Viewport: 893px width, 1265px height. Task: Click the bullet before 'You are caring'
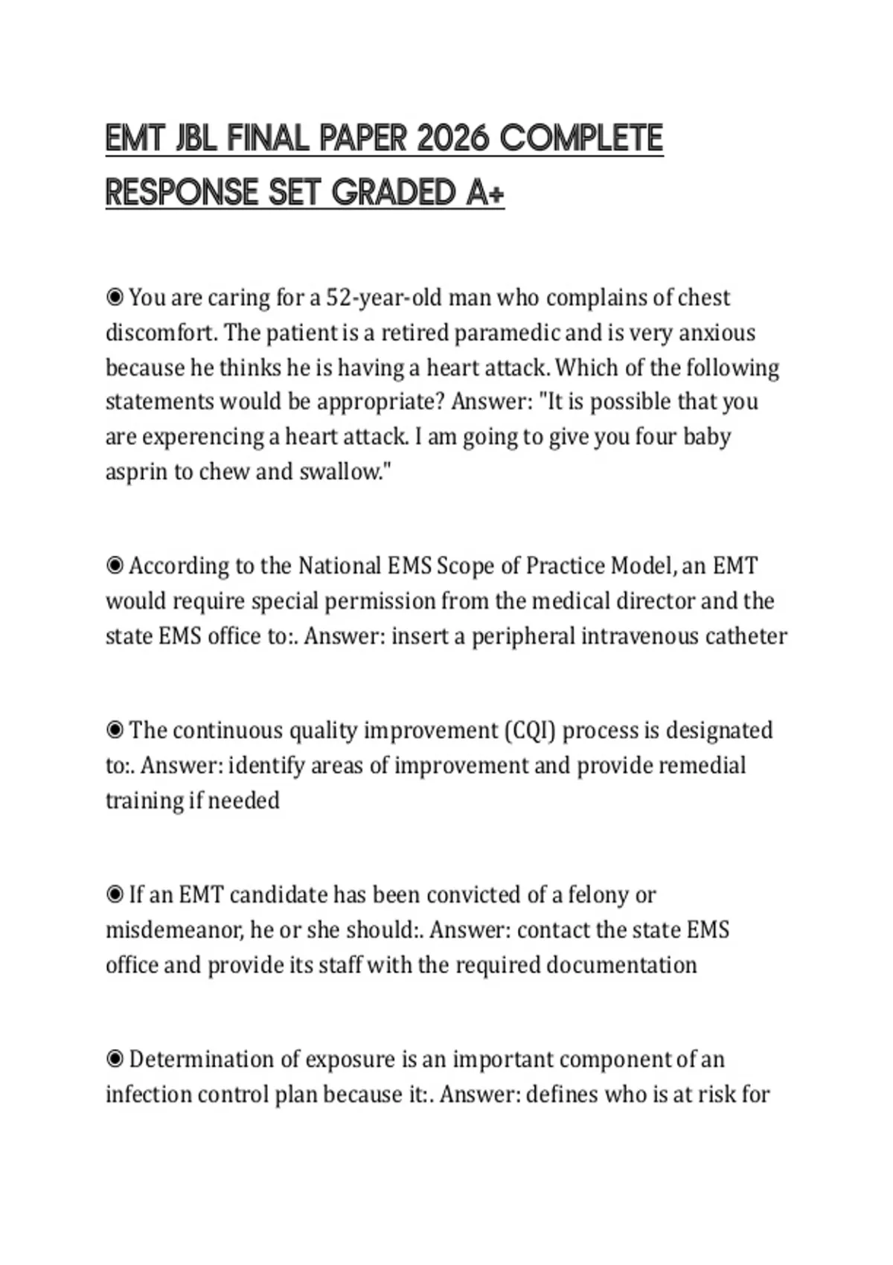[115, 298]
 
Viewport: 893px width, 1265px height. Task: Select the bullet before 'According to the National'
[115, 566]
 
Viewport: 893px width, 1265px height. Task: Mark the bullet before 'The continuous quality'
[115, 731]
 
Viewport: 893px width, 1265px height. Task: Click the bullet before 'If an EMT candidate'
[115, 895]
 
